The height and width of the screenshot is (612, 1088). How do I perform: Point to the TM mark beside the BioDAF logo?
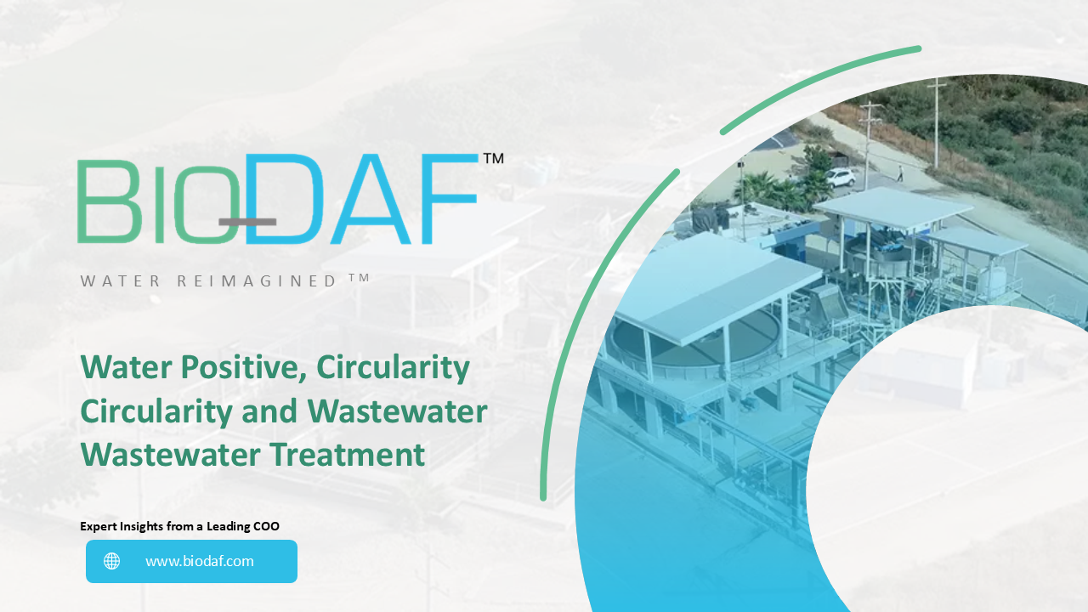(x=493, y=158)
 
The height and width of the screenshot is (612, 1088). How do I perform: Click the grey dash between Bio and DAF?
(x=247, y=222)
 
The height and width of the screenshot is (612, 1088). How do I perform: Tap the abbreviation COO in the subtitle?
(x=266, y=526)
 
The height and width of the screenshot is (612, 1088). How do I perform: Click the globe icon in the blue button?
(x=112, y=561)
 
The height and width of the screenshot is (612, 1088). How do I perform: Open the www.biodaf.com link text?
(x=199, y=561)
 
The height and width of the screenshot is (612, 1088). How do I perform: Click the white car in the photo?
(x=840, y=177)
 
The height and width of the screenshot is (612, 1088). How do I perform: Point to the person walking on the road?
(x=900, y=173)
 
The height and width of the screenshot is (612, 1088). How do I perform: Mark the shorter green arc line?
(x=820, y=89)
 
